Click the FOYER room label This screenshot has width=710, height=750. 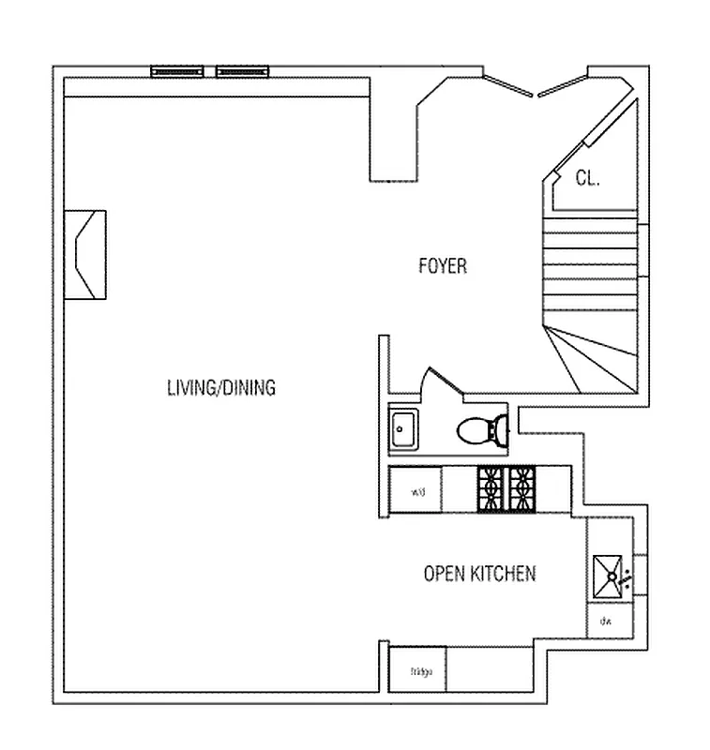[442, 266]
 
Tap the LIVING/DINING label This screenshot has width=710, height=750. [220, 387]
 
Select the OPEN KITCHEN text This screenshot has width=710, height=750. [479, 574]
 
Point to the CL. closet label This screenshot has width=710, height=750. [587, 178]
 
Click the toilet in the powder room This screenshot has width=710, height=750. [484, 431]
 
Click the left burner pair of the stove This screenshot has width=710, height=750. [491, 489]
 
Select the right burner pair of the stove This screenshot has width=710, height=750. [521, 489]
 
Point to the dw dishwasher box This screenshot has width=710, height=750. [607, 621]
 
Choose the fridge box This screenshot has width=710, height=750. [417, 671]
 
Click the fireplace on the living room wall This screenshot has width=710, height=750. [86, 254]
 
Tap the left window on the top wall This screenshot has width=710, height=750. [178, 70]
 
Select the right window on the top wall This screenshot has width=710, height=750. [243, 70]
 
